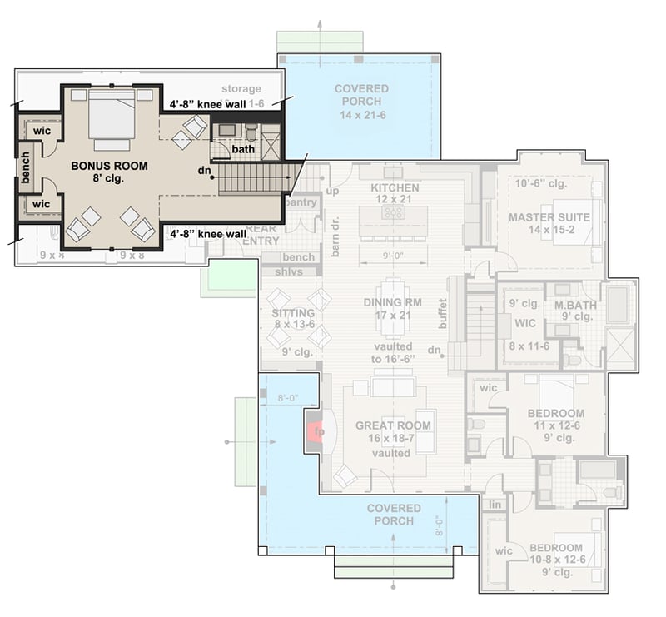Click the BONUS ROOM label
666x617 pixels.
click(x=109, y=166)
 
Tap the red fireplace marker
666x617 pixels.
click(x=316, y=432)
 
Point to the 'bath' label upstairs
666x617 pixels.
click(x=243, y=149)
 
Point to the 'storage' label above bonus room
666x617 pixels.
click(x=241, y=89)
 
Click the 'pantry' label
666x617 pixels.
click(x=301, y=202)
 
